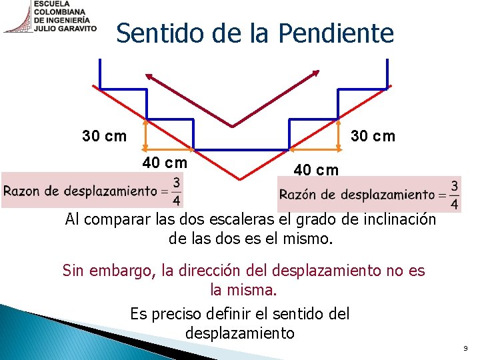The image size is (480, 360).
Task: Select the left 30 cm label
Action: click(x=104, y=137)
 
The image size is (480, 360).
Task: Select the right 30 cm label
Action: click(x=373, y=136)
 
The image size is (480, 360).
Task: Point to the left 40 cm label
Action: click(x=165, y=163)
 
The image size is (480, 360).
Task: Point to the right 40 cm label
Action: click(x=316, y=169)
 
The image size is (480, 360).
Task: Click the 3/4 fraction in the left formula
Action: click(x=176, y=191)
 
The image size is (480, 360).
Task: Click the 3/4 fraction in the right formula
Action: click(x=454, y=194)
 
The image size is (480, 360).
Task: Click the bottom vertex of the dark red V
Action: click(x=233, y=125)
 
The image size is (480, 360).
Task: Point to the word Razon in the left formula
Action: click(x=23, y=191)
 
